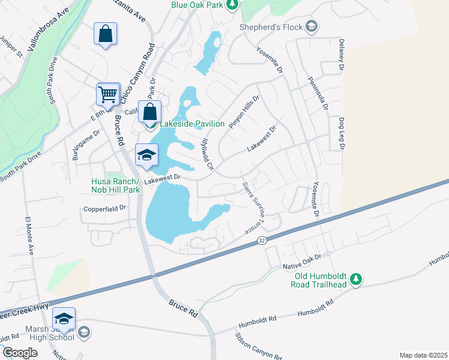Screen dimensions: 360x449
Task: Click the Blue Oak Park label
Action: click(197, 5)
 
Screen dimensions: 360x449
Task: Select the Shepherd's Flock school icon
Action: click(312, 26)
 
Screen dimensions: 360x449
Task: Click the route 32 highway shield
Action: click(262, 240)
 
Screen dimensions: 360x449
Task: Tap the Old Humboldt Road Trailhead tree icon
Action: click(356, 279)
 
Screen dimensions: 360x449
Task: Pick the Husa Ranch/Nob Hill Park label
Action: click(115, 185)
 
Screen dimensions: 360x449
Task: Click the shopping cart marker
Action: click(108, 94)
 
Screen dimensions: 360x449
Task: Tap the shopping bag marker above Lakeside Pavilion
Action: click(149, 111)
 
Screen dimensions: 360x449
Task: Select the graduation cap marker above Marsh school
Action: click(64, 318)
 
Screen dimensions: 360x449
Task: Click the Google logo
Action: click(20, 353)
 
